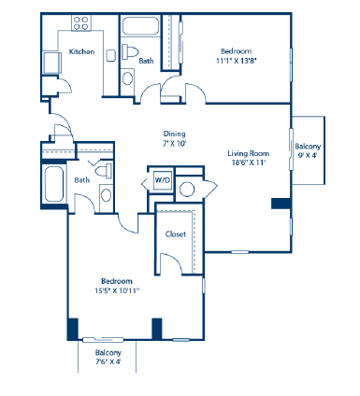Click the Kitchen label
tap(82, 51)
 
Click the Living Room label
tap(248, 153)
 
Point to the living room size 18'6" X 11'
tap(248, 163)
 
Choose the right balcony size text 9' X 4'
tap(308, 157)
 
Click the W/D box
tap(162, 178)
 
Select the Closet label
tap(174, 234)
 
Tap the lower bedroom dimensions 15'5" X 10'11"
tap(118, 290)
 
